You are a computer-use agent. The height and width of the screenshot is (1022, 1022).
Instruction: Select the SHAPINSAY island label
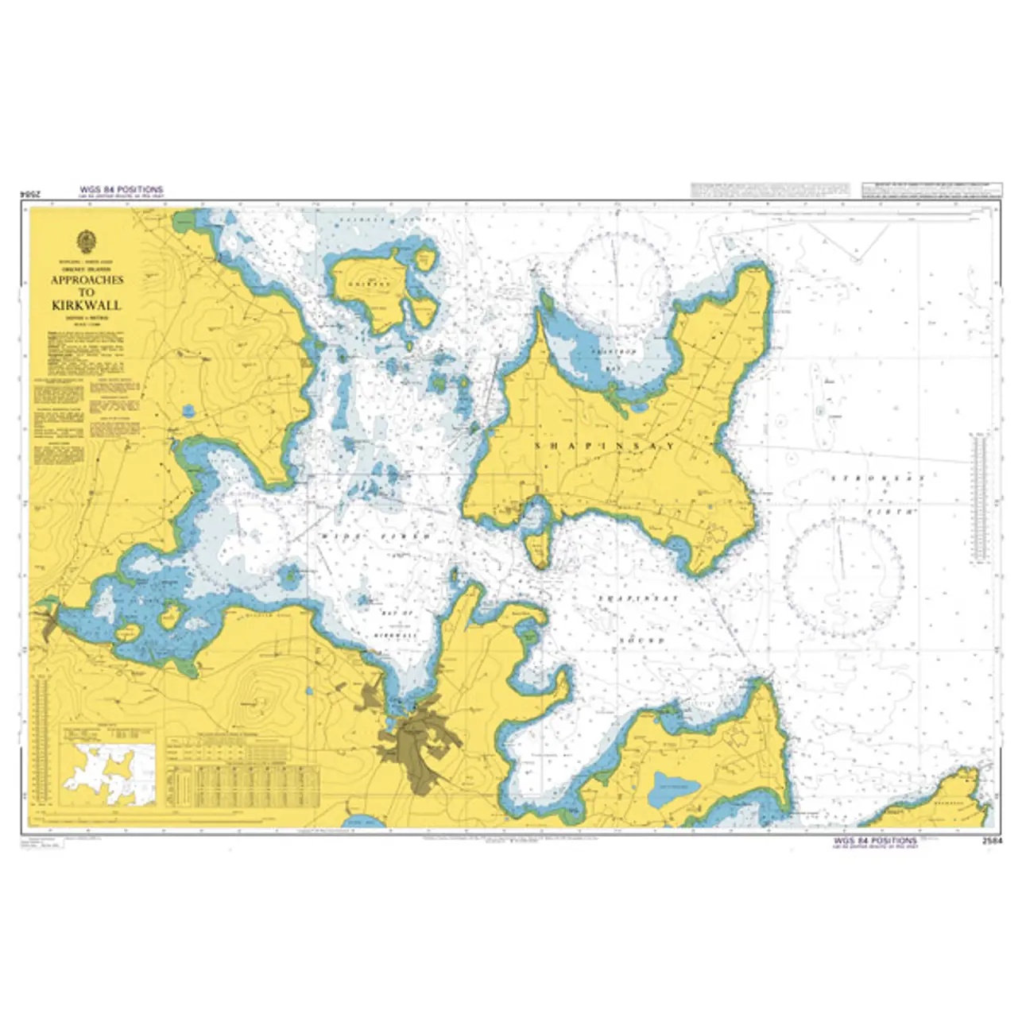point(605,447)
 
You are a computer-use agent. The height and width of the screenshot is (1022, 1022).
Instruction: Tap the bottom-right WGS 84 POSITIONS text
point(879,840)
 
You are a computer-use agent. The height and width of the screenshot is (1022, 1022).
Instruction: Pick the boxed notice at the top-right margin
point(927,191)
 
